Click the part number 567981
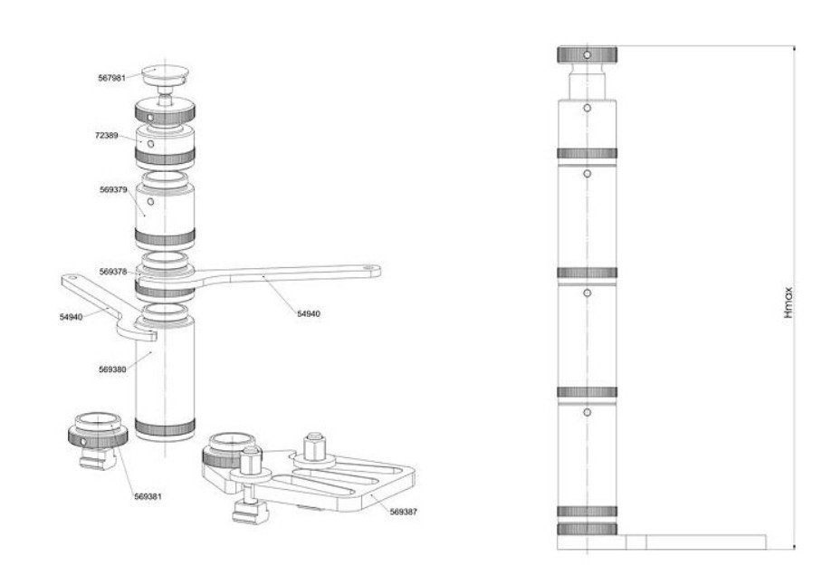(x=112, y=78)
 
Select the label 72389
(x=107, y=135)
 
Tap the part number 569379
(x=113, y=189)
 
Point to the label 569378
(x=113, y=272)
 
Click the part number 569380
(x=113, y=369)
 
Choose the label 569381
(x=148, y=496)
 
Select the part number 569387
(x=404, y=512)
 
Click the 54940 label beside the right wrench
(x=309, y=313)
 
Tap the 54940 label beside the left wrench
(x=71, y=317)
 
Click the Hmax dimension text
(x=788, y=302)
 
